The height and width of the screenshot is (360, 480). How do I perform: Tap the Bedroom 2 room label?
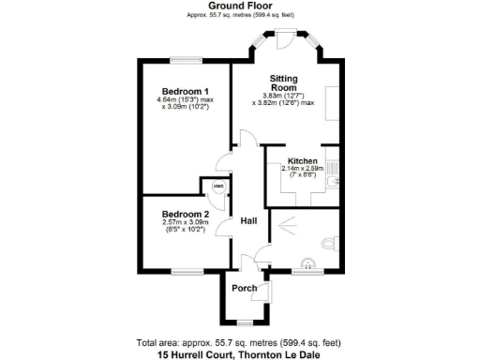tap(186, 214)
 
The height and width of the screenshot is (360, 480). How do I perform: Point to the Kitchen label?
tap(303, 161)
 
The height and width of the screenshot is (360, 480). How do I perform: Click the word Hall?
tap(249, 221)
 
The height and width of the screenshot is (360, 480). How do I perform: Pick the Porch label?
tap(245, 288)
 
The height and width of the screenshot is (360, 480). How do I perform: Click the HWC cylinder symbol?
tap(217, 187)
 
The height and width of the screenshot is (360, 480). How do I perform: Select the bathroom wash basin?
tap(306, 264)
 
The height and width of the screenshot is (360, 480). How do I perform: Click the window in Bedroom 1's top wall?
tap(186, 62)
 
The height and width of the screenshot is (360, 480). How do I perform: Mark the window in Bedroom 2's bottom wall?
tap(185, 271)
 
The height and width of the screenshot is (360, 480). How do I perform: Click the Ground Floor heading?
tap(240, 6)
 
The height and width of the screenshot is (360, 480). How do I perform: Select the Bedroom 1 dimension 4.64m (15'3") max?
tap(186, 98)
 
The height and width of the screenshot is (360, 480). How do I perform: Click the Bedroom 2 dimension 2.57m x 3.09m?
tap(186, 222)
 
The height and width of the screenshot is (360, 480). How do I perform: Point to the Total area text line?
tap(240, 342)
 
